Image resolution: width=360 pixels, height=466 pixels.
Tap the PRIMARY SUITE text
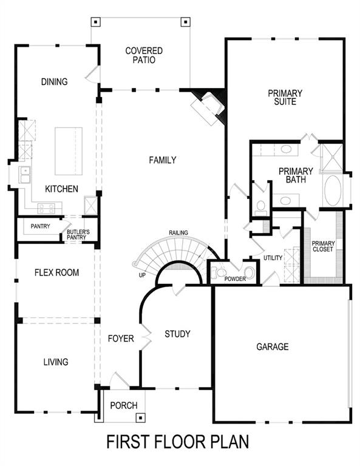coord(285,97)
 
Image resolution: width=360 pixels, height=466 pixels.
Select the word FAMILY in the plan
coord(163,160)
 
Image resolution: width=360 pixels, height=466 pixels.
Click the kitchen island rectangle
coord(69,150)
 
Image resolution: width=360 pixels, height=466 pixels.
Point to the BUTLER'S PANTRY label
coord(78,234)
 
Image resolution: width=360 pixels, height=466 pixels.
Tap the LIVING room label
coord(55,362)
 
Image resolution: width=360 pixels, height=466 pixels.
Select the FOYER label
coord(121,339)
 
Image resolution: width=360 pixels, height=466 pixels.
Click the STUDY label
coord(177,334)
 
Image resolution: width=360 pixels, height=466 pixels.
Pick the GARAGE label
coord(272,346)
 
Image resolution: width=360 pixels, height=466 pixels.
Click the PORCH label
coord(123,405)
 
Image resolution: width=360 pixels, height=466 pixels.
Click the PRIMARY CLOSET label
coord(323,246)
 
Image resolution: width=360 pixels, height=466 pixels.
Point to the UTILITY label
coord(273,258)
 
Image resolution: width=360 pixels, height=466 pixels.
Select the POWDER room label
coord(235,280)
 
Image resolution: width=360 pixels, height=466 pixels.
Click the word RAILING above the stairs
coord(178,232)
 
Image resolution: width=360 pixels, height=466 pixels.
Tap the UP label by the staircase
coord(141,275)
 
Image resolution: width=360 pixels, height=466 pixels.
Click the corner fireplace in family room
coord(207,106)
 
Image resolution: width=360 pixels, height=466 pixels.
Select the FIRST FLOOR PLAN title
coord(178,442)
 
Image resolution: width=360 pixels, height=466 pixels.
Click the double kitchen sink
coord(25,175)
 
